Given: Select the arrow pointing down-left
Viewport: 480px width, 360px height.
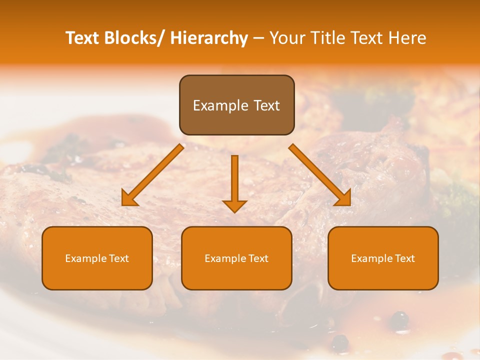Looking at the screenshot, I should point(152,175).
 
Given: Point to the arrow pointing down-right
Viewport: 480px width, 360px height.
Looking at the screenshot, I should point(320,175).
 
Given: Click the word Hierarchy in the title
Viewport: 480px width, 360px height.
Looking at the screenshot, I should point(209,38).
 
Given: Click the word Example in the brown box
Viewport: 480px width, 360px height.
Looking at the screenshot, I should point(220,105).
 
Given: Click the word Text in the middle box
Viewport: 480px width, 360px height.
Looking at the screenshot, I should point(258,258).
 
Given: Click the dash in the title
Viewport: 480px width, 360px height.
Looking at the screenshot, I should point(258,38).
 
